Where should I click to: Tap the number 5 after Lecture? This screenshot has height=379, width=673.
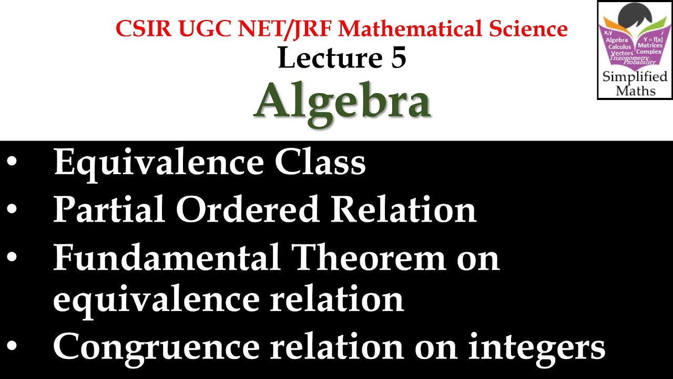tap(399, 58)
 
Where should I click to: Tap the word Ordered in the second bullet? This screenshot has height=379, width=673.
tap(247, 210)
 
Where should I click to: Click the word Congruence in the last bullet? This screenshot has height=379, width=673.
tap(157, 347)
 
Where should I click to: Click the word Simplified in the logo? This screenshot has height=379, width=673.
tap(635, 77)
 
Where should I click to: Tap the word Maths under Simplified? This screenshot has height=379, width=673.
tap(635, 91)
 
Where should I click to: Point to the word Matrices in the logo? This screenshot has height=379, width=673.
tap(650, 46)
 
